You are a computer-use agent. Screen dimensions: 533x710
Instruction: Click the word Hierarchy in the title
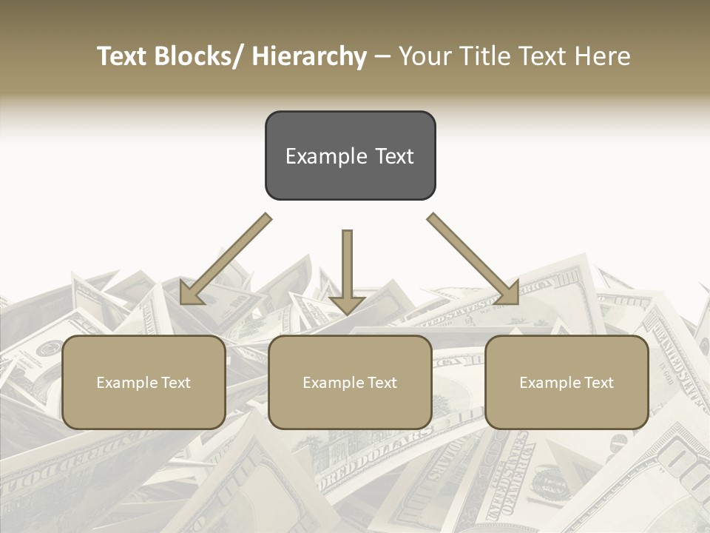click(309, 57)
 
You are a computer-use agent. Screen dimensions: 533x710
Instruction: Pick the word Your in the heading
click(424, 57)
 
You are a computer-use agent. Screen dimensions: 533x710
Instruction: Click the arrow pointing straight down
click(347, 266)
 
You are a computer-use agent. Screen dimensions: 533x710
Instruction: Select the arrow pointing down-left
click(226, 259)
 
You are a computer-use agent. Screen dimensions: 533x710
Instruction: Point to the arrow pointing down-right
click(473, 259)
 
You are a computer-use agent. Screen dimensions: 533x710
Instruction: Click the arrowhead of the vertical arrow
click(347, 305)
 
